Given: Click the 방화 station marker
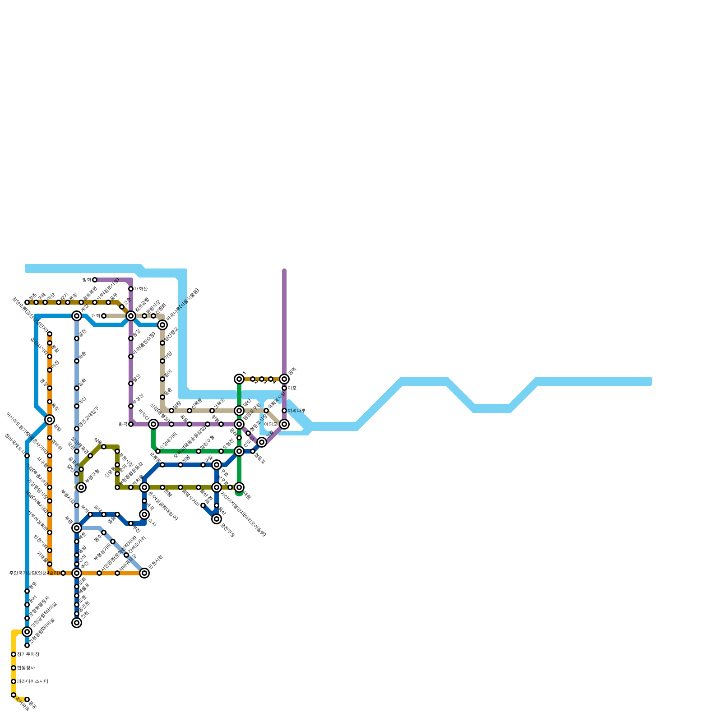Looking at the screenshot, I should click(95, 280).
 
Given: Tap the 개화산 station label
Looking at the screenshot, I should click(141, 289).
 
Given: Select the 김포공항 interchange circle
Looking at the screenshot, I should click(131, 316).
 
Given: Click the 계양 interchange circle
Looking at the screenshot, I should click(77, 316).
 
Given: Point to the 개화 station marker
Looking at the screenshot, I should click(104, 316).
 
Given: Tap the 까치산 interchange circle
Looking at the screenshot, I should click(153, 424).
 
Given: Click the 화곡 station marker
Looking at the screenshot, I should click(131, 424).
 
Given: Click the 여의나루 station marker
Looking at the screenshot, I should click(284, 411).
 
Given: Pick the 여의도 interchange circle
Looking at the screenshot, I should click(284, 424).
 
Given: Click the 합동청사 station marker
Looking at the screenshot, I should click(14, 668).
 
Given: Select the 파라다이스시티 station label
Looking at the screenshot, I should click(32, 681).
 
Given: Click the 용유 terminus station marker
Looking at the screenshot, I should click(27, 699).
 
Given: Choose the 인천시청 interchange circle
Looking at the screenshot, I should click(144, 573).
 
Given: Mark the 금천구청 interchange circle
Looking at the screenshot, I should click(217, 519).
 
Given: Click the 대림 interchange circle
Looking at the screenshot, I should click(239, 487).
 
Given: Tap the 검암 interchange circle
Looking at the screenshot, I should click(50, 420).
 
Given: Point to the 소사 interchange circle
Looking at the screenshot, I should click(144, 514).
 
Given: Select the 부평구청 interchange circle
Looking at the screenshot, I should click(81, 487).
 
